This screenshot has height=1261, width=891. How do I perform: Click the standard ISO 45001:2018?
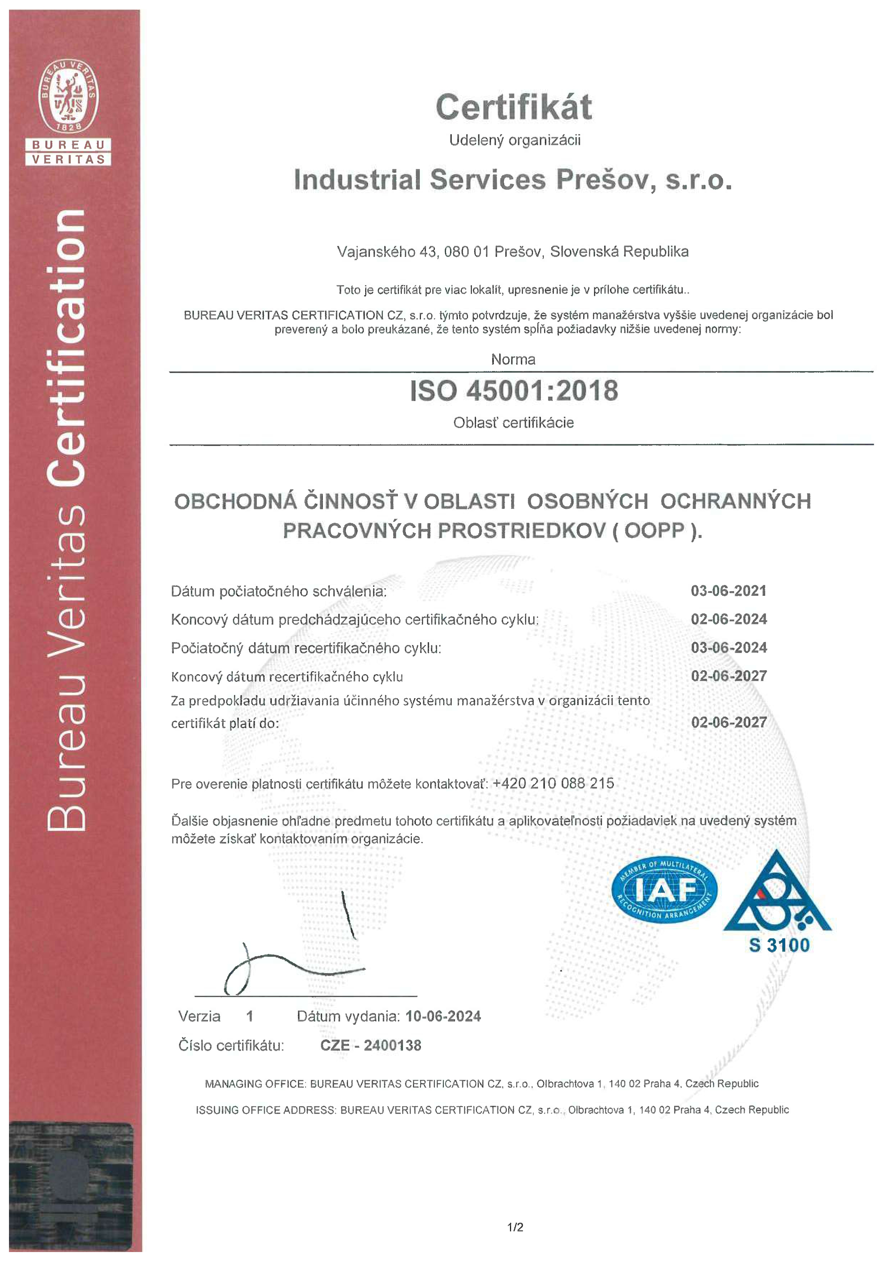click(514, 391)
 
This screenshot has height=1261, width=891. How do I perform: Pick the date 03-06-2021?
click(729, 591)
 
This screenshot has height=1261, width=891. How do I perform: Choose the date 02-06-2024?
click(729, 620)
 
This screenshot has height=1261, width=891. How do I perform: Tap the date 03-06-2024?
click(729, 648)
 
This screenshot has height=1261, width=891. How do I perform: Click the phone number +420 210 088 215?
click(553, 783)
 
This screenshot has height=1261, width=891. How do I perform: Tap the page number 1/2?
click(515, 1228)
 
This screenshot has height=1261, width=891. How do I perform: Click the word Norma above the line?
click(513, 359)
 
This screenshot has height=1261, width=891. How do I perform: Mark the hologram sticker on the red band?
click(71, 1186)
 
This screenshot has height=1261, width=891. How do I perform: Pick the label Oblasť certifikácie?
click(513, 423)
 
